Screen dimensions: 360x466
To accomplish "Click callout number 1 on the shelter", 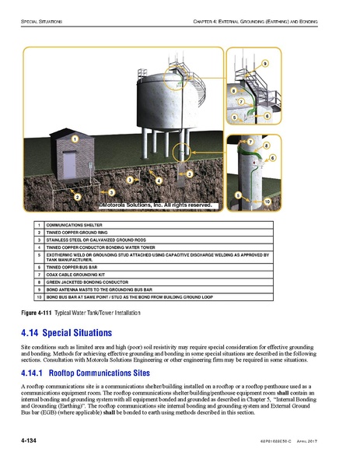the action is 75,137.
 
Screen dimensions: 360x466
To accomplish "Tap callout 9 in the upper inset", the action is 265,62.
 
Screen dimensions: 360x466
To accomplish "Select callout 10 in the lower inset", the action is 267,201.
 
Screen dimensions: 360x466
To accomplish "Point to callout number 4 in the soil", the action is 159,180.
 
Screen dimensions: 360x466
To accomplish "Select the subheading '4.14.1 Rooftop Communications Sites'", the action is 96,371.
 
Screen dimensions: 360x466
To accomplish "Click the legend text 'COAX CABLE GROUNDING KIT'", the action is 78,275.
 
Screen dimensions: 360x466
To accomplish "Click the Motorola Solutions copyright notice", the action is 156,205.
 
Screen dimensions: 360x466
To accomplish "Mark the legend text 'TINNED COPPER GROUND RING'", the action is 79,232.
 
